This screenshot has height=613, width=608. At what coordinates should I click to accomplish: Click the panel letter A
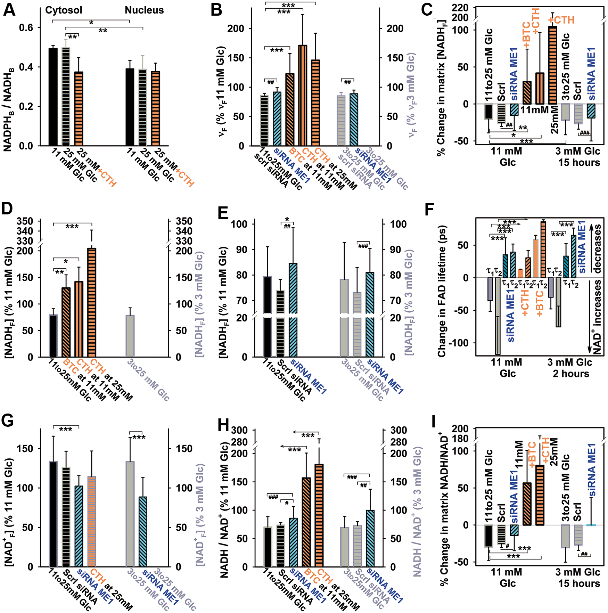[9, 9]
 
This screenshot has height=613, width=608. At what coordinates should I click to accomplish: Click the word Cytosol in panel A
[64, 10]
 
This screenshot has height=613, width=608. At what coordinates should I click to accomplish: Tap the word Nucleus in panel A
[144, 10]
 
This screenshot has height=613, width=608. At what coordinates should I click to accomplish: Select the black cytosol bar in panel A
[53, 97]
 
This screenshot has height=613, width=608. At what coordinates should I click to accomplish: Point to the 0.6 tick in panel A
[26, 27]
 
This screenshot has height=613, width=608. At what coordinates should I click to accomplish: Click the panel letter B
[216, 9]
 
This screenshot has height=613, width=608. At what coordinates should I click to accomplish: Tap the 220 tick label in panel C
[460, 7]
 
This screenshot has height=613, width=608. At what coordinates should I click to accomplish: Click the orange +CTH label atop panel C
[561, 20]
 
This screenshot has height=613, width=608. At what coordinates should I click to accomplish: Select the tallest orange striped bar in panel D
[92, 302]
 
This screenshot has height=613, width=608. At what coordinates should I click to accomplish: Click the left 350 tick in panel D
[25, 221]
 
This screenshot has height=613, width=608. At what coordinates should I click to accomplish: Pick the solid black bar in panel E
[268, 317]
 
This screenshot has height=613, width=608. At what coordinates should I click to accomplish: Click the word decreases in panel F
[597, 249]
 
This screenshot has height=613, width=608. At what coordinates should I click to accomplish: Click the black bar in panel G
[53, 514]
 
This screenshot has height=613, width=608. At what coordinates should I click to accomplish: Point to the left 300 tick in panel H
[239, 430]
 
